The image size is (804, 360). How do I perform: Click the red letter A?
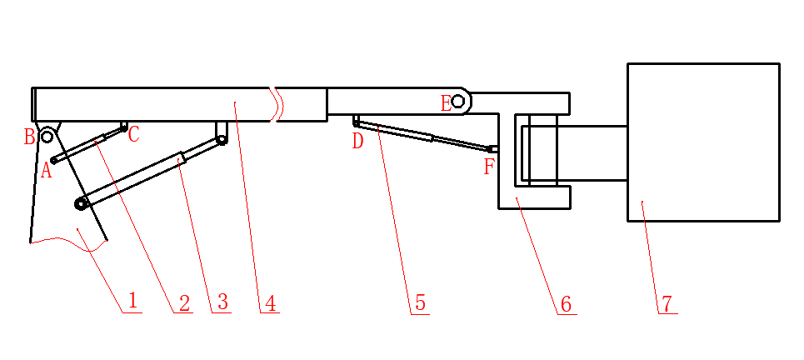click(47, 171)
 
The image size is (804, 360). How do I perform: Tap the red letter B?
click(29, 136)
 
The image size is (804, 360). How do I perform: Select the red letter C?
click(134, 133)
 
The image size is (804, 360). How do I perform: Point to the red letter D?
click(357, 141)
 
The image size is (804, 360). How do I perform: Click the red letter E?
click(446, 103)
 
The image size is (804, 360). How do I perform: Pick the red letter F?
click(489, 166)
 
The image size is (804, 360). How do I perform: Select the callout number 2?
click(183, 302)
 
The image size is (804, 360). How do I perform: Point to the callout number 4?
click(268, 302)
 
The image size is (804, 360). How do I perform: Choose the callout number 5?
click(420, 302)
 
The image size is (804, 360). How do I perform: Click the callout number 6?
click(566, 303)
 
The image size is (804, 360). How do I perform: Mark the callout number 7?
click(667, 302)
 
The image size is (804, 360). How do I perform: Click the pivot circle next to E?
click(457, 102)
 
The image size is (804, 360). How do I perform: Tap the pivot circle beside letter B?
click(47, 136)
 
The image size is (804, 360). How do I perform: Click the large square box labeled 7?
click(703, 142)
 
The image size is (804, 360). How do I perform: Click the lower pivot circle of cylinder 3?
click(81, 202)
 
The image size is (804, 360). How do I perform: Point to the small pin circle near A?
click(54, 160)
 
